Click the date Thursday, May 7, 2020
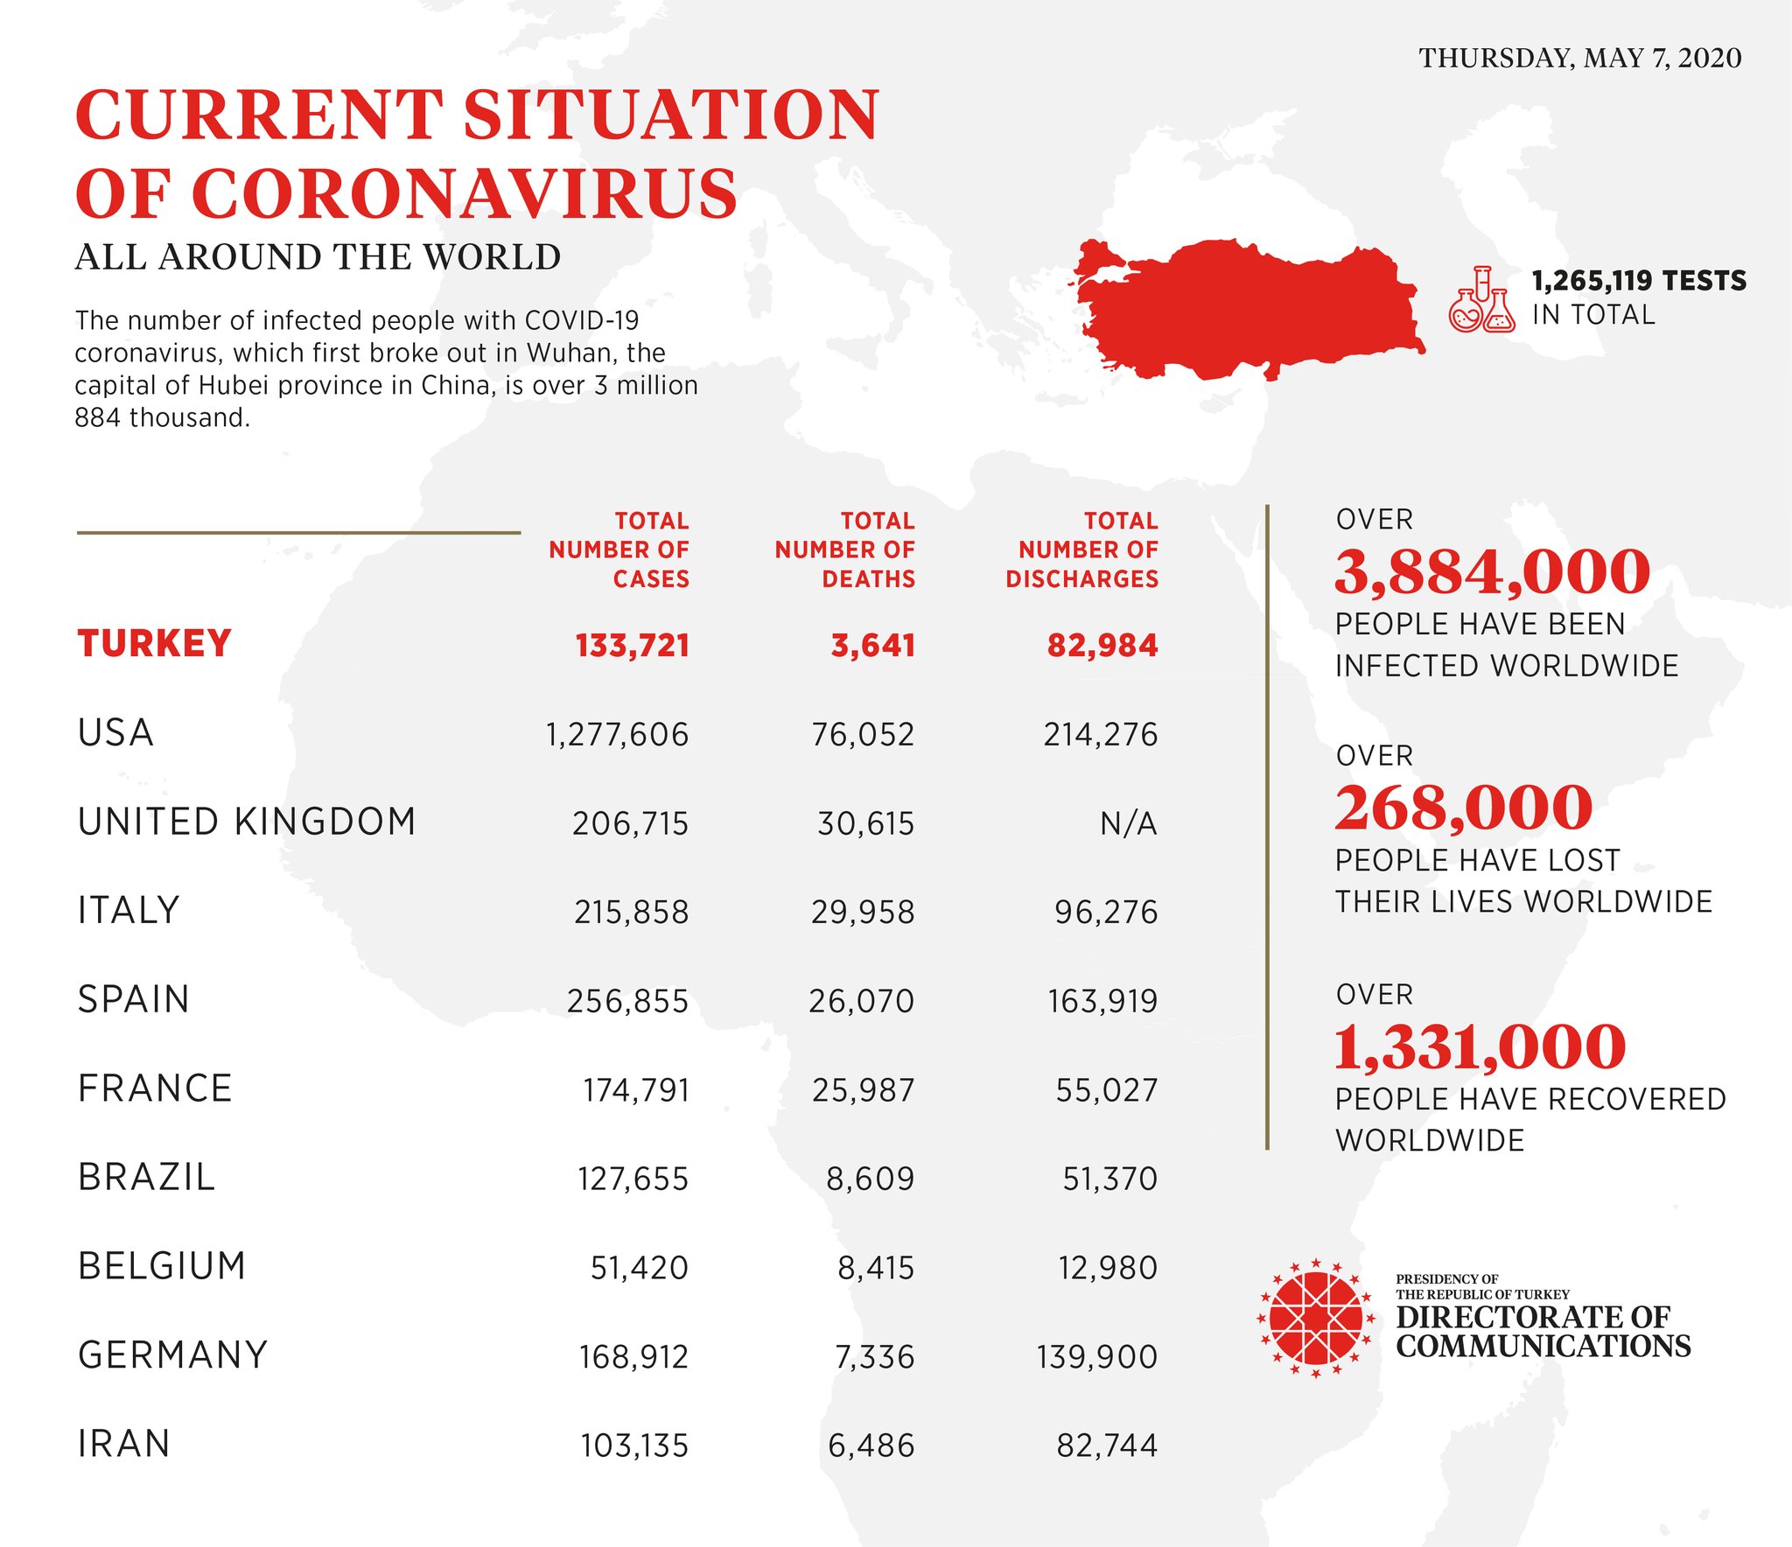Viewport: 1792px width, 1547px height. click(1579, 58)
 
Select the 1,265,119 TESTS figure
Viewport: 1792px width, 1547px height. click(1638, 281)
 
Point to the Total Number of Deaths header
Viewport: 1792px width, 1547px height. click(844, 549)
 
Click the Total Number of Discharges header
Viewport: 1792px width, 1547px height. click(1082, 549)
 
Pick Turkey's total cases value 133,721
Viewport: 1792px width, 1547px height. click(632, 646)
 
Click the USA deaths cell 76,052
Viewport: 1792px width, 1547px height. click(863, 734)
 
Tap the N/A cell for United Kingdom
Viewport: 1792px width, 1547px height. click(1128, 823)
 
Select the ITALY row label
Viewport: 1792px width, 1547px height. click(129, 910)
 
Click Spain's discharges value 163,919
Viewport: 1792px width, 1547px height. click(1102, 1001)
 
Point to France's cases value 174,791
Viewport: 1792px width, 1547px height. click(636, 1090)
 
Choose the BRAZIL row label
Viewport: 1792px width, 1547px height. click(146, 1177)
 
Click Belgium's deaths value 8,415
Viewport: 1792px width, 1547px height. click(875, 1268)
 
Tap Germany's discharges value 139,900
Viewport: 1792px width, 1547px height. click(1096, 1357)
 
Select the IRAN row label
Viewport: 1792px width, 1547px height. click(123, 1444)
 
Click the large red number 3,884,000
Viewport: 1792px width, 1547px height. click(1492, 571)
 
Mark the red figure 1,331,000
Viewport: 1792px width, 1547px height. click(1480, 1046)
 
